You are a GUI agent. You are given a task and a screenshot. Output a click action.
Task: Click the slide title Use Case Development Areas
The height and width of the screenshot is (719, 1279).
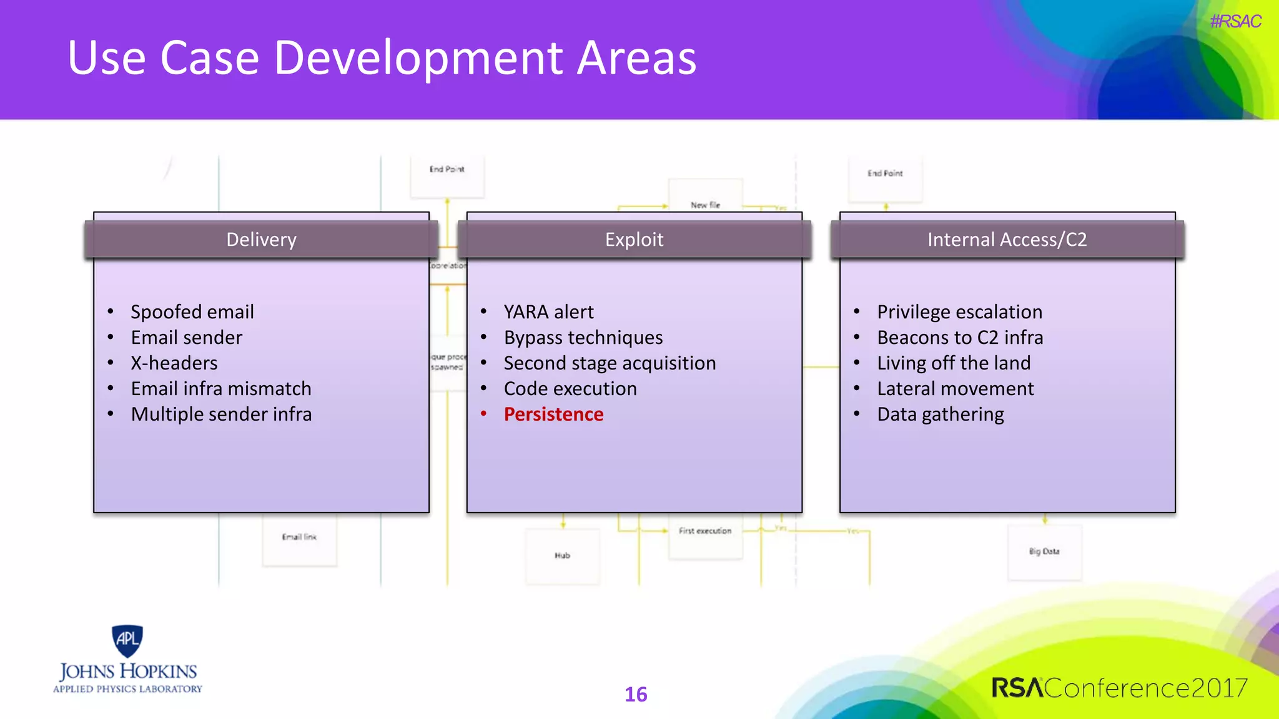pyautogui.click(x=382, y=58)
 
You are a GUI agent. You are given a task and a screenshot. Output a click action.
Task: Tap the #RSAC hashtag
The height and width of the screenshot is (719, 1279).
pyautogui.click(x=1235, y=22)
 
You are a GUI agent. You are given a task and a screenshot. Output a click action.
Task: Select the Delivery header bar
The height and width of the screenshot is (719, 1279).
pyautogui.click(x=261, y=240)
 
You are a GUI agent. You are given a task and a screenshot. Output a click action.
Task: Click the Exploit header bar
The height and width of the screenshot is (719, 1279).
pyautogui.click(x=634, y=240)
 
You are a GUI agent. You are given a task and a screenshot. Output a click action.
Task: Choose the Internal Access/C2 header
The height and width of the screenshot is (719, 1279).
pyautogui.click(x=1007, y=240)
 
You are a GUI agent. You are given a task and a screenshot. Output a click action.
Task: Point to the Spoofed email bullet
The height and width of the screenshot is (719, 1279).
pyautogui.click(x=192, y=312)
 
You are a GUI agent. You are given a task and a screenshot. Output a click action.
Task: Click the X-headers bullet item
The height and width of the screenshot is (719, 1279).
pyautogui.click(x=174, y=363)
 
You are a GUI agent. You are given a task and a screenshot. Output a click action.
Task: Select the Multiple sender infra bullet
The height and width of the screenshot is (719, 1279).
pyautogui.click(x=221, y=414)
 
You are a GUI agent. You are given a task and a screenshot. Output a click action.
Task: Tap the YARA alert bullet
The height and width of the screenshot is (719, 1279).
pyautogui.click(x=548, y=312)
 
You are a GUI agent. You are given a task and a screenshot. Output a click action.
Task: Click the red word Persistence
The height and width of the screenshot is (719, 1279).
pyautogui.click(x=553, y=414)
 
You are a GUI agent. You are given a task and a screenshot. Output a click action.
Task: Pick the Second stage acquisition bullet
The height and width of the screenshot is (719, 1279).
pyautogui.click(x=610, y=363)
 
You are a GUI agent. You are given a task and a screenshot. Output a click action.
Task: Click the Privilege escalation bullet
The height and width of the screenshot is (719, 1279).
pyautogui.click(x=959, y=312)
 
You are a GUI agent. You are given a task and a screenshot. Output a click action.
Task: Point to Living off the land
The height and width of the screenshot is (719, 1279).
pyautogui.click(x=954, y=363)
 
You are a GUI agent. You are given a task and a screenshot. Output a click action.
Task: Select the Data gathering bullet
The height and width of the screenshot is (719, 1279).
pyautogui.click(x=940, y=414)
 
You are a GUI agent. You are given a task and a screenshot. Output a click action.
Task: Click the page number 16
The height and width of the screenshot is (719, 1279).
pyautogui.click(x=636, y=694)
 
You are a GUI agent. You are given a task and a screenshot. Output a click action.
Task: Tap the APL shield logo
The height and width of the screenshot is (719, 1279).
pyautogui.click(x=127, y=640)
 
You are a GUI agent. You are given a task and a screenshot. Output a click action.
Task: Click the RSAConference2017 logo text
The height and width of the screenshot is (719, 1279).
pyautogui.click(x=1119, y=688)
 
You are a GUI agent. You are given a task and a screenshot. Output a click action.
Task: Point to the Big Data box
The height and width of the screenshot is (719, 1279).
pyautogui.click(x=1044, y=552)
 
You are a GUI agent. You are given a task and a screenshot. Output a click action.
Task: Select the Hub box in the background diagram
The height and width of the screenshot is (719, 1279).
pyautogui.click(x=562, y=555)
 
